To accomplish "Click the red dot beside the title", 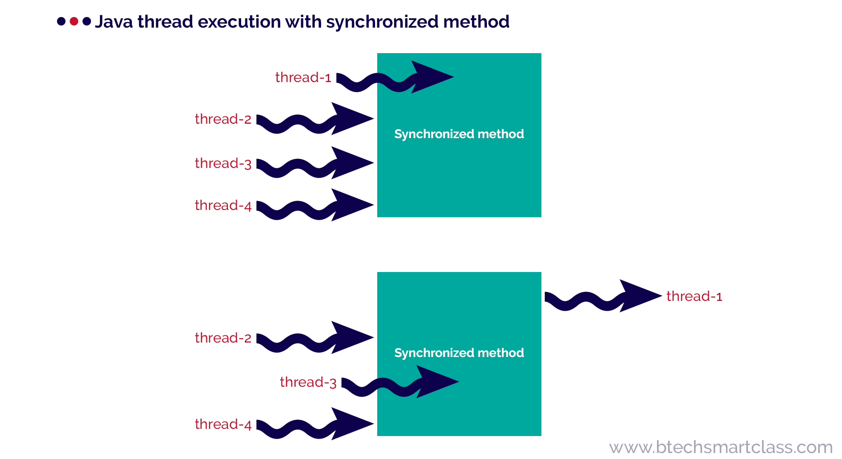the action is (x=74, y=21).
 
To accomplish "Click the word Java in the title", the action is (x=114, y=22).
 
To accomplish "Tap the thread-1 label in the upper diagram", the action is (x=303, y=78).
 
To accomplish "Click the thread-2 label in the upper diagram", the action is (x=223, y=119).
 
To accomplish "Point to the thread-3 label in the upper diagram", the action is (x=223, y=164).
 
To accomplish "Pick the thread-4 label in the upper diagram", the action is (x=223, y=206).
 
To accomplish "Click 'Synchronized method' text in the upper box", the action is (x=459, y=134).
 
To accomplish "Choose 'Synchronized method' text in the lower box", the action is (x=459, y=353).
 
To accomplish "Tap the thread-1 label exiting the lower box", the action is (x=694, y=297).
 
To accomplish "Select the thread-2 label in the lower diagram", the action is (x=223, y=338).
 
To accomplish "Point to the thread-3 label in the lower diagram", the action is (x=308, y=382).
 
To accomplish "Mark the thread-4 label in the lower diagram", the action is (x=223, y=425).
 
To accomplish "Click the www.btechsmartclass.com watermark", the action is (x=721, y=448).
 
